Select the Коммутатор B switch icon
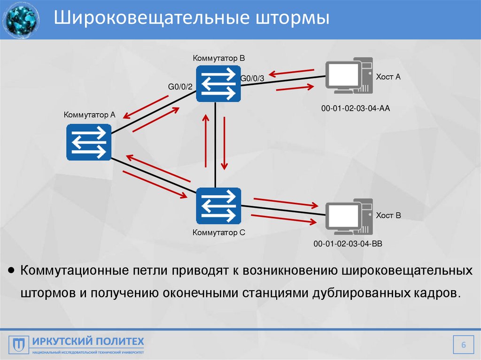point(218,83)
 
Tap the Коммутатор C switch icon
point(218,206)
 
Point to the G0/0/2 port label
point(180,86)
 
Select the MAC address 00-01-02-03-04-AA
point(356,108)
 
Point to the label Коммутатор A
point(89,114)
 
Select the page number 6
point(463,345)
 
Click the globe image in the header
point(21,20)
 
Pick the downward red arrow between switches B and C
point(225,143)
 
